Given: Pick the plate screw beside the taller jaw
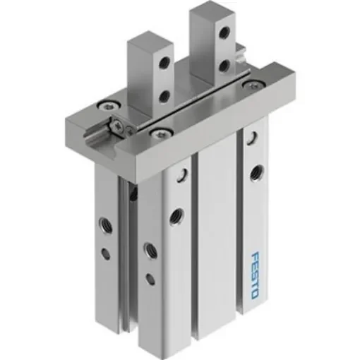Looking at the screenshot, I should tap(248, 84).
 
